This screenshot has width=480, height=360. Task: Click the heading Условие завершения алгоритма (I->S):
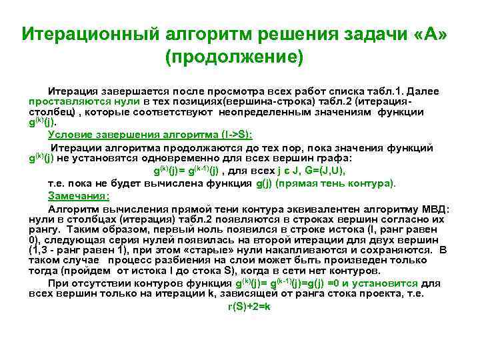[x=145, y=134]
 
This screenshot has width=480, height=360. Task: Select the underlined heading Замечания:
[x=79, y=195]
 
